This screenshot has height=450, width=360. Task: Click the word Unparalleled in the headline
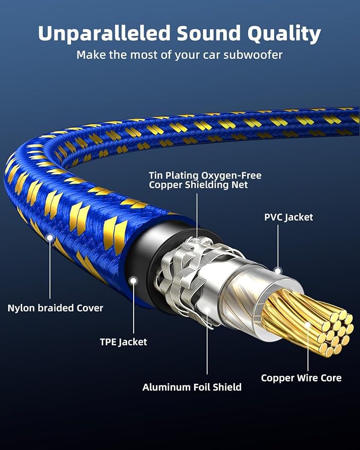104,34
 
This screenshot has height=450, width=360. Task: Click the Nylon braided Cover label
55,308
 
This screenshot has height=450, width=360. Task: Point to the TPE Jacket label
124,342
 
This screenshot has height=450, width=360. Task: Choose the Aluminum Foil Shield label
192,387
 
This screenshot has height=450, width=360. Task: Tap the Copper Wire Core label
301,378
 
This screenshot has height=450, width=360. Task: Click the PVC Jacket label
288,217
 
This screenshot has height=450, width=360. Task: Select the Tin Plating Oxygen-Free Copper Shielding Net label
205,180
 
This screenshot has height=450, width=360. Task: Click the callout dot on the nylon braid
50,237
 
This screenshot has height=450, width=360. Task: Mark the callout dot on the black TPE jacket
133,280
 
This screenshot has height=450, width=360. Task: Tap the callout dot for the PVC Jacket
278,271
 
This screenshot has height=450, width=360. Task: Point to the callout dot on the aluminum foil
207,310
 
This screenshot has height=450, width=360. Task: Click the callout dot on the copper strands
308,325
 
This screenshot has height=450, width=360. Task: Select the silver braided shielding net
184,276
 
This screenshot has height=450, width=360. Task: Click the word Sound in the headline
208,33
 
